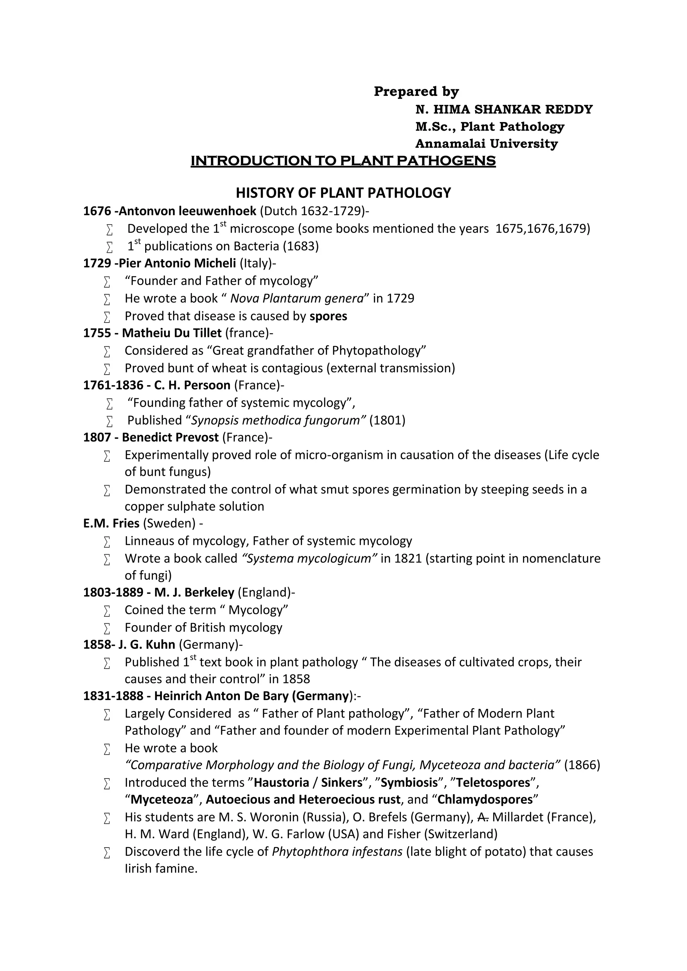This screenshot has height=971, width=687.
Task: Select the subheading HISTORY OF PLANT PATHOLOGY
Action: click(343, 193)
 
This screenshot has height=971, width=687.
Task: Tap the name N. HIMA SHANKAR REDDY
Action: click(504, 110)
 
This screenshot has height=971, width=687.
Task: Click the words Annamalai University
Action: click(486, 144)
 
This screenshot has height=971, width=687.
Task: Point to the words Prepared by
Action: click(416, 91)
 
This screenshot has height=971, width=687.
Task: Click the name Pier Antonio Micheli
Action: click(177, 264)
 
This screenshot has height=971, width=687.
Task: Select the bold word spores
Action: click(328, 316)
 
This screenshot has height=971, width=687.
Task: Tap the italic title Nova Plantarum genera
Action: click(297, 298)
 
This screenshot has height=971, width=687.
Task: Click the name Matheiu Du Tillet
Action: click(172, 333)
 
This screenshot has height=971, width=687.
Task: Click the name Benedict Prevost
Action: click(170, 437)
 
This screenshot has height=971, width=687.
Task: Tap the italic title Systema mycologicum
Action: click(309, 559)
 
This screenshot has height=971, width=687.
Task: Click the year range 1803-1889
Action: click(113, 592)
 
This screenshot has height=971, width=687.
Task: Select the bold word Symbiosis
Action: click(409, 783)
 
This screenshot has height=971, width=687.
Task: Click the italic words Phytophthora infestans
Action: click(337, 852)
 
